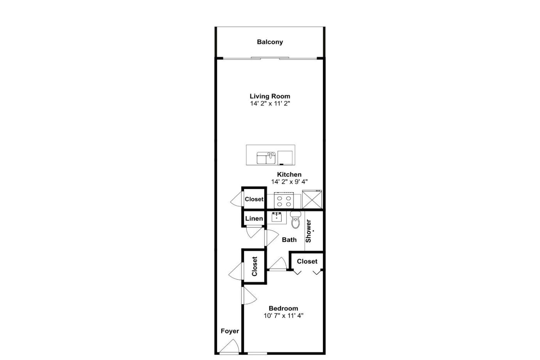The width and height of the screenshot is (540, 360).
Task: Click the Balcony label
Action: click(270, 42)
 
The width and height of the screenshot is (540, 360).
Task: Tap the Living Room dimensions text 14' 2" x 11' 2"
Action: click(270, 104)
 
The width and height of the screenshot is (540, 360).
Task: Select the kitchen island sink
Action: click(266, 158)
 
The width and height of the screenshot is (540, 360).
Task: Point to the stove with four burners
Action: click(284, 200)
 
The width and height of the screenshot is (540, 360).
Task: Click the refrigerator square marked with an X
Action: click(312, 199)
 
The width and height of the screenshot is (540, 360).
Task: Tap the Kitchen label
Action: click(289, 174)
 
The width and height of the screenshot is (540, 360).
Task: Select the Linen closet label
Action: click(254, 218)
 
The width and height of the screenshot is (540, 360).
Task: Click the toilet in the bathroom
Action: click(295, 220)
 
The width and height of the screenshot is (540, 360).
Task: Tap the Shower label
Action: click(308, 231)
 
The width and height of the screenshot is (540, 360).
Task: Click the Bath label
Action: click(289, 240)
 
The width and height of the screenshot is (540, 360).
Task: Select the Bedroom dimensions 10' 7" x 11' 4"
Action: click(283, 316)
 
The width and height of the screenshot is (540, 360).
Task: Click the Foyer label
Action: click(230, 331)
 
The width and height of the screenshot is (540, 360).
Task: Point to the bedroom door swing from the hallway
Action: click(249, 296)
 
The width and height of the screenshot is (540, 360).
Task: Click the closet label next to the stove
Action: click(254, 199)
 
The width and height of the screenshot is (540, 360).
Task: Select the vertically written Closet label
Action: click(255, 267)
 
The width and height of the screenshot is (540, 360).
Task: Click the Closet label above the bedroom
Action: click(307, 261)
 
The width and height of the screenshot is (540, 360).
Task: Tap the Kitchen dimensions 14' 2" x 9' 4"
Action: click(289, 182)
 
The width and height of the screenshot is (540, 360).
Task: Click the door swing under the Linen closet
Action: click(254, 232)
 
